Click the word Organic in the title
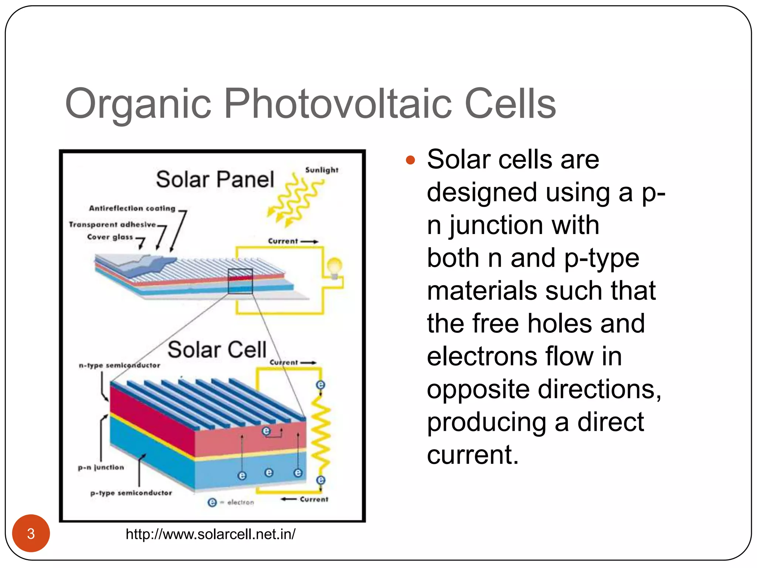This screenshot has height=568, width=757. click(x=138, y=104)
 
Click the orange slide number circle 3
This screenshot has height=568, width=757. click(x=31, y=533)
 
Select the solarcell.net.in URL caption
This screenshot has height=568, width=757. click(x=210, y=534)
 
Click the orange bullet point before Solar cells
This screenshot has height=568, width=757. click(x=410, y=160)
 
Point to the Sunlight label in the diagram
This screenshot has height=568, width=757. click(x=322, y=170)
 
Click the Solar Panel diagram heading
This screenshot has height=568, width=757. click(x=215, y=180)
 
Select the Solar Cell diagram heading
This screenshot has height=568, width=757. click(x=217, y=350)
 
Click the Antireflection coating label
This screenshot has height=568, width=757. click(x=132, y=209)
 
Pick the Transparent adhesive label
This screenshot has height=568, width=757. click(x=112, y=225)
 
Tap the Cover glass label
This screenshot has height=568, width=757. click(x=110, y=237)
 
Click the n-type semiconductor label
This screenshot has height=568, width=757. click(x=119, y=365)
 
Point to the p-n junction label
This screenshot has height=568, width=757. click(x=101, y=467)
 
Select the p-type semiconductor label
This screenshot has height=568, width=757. click(x=131, y=493)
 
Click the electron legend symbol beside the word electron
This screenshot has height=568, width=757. click(x=212, y=502)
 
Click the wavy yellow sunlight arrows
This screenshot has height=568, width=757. click(x=294, y=200)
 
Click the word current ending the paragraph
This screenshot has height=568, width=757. click(x=472, y=455)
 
